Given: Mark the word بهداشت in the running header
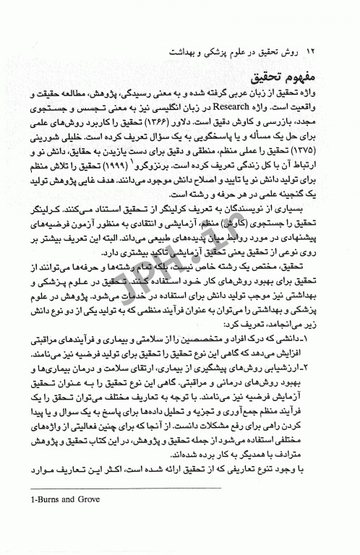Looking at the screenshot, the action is [182, 53].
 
